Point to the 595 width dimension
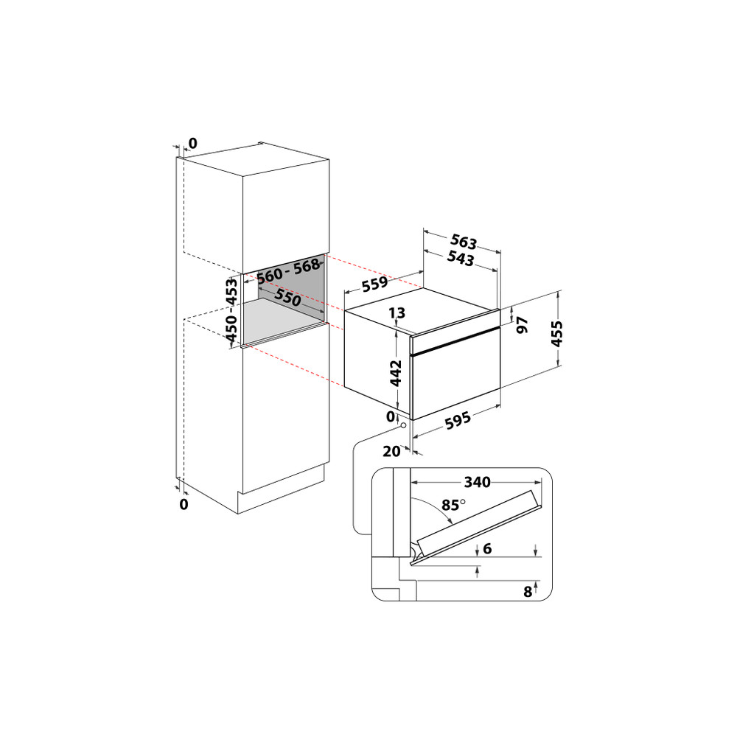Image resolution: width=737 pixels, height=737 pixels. pyautogui.click(x=458, y=421)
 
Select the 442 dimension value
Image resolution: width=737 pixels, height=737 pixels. pyautogui.click(x=397, y=372)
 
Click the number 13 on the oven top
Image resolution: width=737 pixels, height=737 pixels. pyautogui.click(x=397, y=313)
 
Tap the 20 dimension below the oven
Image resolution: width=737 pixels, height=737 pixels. pyautogui.click(x=391, y=451)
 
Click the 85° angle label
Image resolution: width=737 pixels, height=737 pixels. pyautogui.click(x=453, y=505)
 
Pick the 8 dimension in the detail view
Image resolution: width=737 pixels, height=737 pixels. pyautogui.click(x=528, y=590)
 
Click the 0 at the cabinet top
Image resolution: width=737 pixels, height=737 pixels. pyautogui.click(x=193, y=143)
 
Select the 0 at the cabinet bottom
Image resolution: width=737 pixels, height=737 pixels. pyautogui.click(x=184, y=504)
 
